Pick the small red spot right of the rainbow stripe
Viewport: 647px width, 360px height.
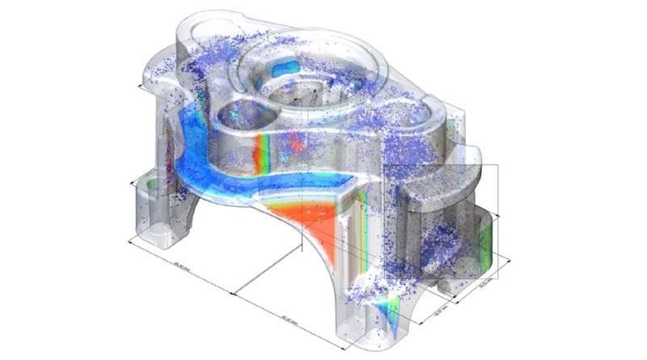(x=296, y=146)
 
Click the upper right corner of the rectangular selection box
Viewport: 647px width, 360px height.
(x=497, y=165)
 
